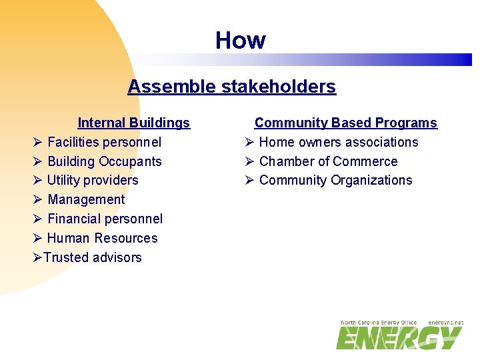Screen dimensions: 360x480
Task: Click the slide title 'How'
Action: (240, 41)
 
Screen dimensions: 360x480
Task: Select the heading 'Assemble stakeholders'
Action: (231, 87)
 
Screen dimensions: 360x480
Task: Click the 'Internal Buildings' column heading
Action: (133, 123)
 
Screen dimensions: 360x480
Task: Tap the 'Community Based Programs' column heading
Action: (345, 123)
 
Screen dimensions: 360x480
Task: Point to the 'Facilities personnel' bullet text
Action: (104, 142)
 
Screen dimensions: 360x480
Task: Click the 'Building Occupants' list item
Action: (104, 161)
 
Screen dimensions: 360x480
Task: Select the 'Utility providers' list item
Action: (93, 180)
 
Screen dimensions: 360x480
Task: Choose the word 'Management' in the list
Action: (86, 199)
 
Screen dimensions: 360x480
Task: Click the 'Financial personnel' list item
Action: (105, 219)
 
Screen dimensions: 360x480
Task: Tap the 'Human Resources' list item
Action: (102, 238)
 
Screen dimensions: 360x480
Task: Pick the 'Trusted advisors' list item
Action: (93, 257)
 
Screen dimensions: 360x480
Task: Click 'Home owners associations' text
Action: (338, 142)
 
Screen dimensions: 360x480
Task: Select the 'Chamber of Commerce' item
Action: (328, 161)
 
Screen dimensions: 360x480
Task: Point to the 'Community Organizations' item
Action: (335, 180)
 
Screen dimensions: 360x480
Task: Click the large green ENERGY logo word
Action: (399, 337)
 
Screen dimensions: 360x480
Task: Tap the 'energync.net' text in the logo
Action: (445, 323)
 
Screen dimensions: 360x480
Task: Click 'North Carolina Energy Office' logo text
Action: (379, 323)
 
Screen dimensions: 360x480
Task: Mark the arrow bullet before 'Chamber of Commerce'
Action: (248, 161)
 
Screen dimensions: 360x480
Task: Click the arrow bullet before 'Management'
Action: (37, 199)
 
